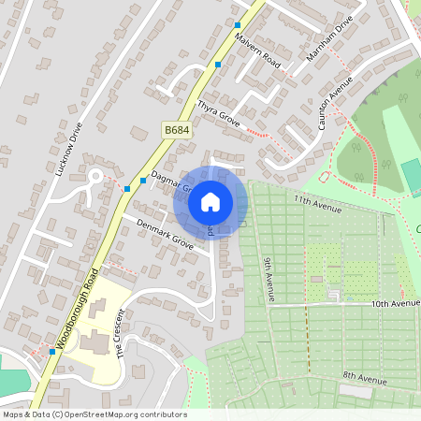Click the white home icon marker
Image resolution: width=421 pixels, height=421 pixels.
(x=210, y=200)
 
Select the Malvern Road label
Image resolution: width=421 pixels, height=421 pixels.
(x=258, y=48)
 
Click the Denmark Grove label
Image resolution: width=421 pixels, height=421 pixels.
(x=165, y=235)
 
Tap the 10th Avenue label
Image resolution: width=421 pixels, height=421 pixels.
(x=395, y=303)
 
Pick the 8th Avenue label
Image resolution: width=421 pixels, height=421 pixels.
(x=364, y=377)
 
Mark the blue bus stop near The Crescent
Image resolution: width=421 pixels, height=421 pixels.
(x=51, y=352)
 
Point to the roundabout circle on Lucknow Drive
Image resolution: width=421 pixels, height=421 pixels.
(x=94, y=175)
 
